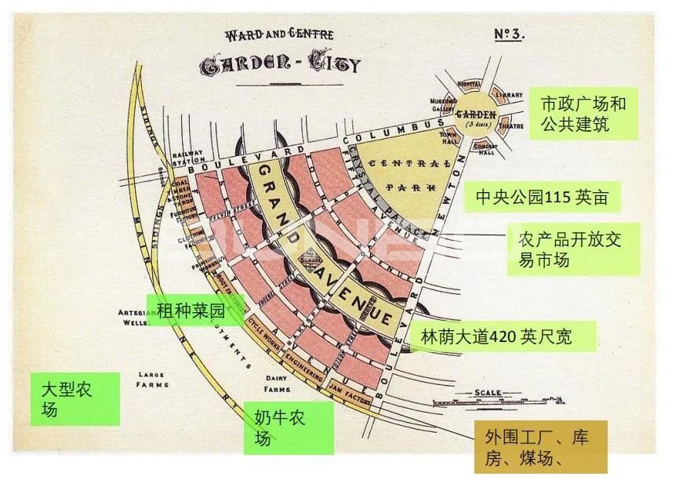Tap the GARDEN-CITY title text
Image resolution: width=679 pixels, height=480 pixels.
coord(281,64)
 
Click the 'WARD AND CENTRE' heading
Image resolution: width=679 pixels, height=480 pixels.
coord(280,35)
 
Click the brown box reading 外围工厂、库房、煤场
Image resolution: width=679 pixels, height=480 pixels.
coord(541,447)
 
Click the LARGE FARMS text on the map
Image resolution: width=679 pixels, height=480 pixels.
coord(151,380)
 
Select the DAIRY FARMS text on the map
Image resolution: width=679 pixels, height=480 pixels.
coord(278,383)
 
